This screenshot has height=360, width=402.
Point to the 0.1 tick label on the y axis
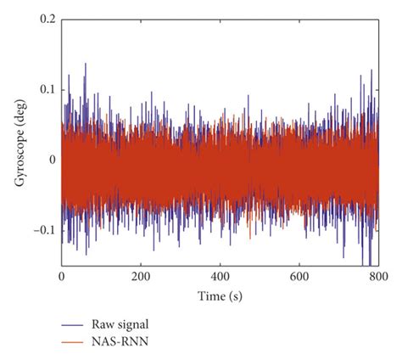point(48,88)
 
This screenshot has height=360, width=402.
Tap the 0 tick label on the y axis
point(53,159)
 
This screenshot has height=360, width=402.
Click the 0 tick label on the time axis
point(61,277)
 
